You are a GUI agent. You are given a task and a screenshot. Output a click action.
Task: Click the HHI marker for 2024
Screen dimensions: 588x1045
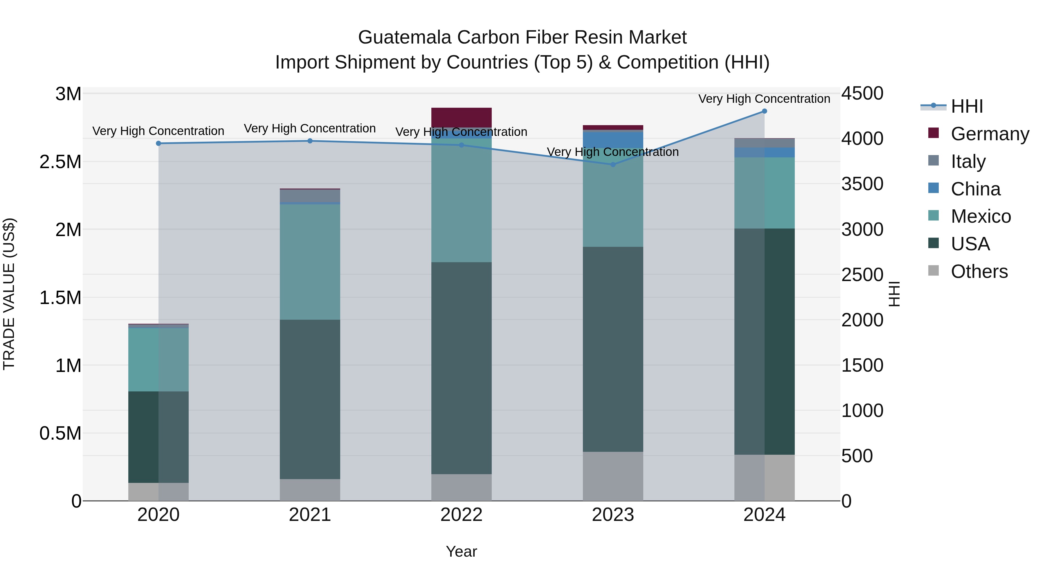tap(764, 111)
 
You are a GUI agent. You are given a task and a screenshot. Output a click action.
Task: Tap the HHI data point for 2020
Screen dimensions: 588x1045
tap(158, 143)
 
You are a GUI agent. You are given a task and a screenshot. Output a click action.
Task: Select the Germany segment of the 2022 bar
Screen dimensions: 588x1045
tap(461, 117)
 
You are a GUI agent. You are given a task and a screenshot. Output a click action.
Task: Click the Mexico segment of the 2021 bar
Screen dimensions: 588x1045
tap(310, 262)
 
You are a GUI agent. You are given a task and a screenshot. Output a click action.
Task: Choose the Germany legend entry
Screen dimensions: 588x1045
tap(990, 134)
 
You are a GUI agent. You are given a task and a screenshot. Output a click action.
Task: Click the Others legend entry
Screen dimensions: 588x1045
tap(979, 271)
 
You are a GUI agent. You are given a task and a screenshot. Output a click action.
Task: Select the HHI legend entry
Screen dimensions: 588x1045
tap(967, 106)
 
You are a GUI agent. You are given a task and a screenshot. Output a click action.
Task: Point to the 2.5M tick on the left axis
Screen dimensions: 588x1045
tap(60, 162)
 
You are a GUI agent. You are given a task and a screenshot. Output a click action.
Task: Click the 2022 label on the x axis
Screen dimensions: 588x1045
tap(461, 515)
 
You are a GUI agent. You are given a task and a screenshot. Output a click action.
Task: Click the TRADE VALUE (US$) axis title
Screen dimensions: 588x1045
tap(9, 294)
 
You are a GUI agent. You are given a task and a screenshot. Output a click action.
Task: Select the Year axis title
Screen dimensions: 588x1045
tap(461, 551)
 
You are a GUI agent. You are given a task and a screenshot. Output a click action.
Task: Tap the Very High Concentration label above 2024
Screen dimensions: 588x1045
tap(764, 99)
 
